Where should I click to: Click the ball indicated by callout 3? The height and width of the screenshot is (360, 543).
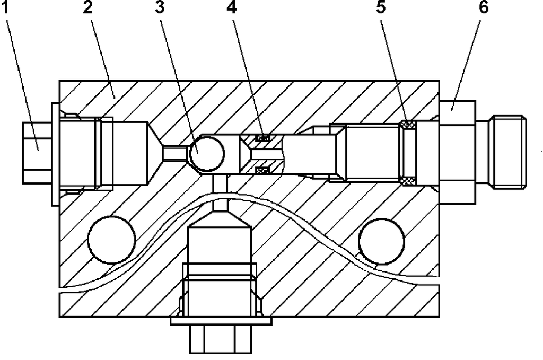207,153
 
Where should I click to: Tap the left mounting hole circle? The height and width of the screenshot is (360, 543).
112,240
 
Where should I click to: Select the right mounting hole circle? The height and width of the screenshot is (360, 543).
382,240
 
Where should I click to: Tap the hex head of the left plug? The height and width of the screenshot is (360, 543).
37,152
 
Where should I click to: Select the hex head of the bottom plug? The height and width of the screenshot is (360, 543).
219,338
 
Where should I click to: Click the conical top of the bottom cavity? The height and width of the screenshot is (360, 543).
220,218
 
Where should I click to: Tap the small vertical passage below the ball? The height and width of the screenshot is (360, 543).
220,181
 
